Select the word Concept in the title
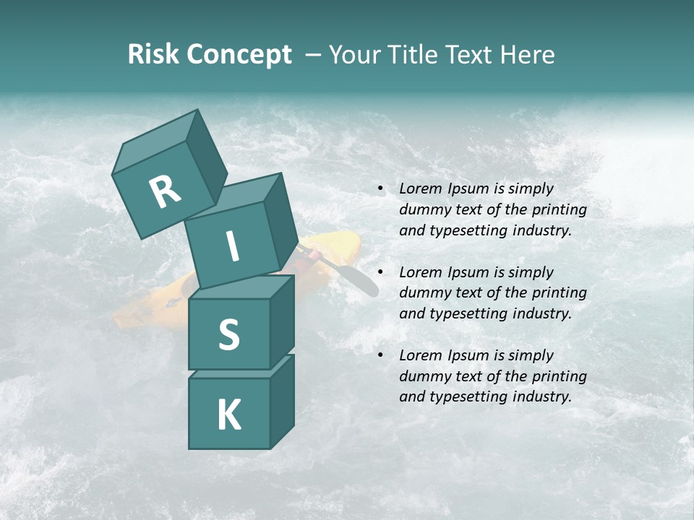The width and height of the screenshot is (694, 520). [x=239, y=55]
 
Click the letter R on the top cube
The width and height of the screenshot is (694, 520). [x=166, y=191]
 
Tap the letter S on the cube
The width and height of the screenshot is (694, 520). [x=228, y=334]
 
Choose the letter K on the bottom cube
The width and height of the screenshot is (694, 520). [x=228, y=415]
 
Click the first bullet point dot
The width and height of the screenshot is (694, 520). [x=380, y=189]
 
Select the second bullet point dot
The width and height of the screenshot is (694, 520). [x=380, y=272]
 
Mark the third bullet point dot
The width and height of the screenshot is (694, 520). [x=380, y=355]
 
